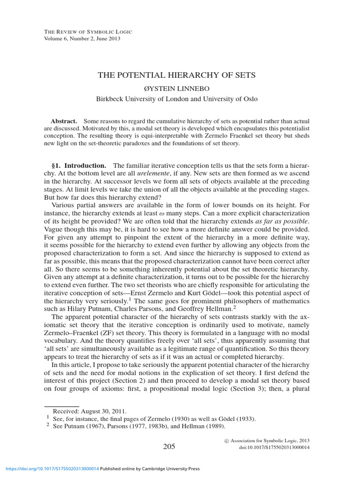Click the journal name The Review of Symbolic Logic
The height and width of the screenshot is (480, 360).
tap(88, 31)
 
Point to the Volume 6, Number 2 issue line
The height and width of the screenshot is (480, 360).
tap(82, 38)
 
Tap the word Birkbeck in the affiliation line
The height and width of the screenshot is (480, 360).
tap(111, 99)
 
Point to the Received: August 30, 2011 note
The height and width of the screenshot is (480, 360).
tap(87, 411)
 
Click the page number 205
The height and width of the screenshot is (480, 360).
tap(169, 447)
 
